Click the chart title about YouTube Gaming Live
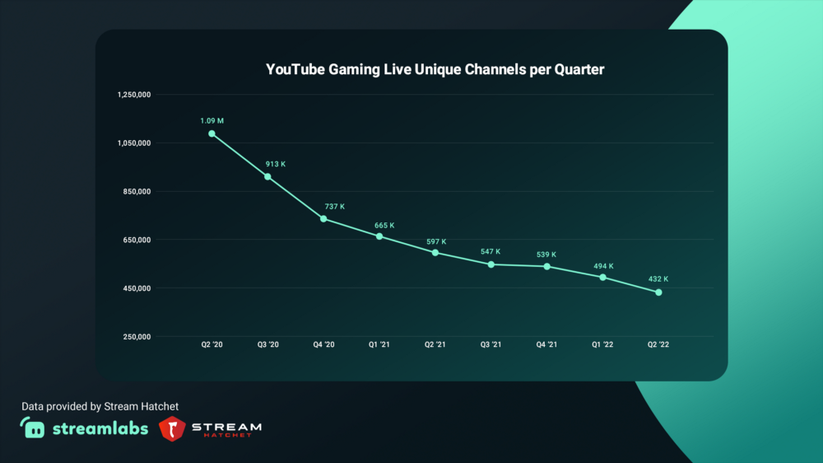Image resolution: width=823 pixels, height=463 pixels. click(435, 70)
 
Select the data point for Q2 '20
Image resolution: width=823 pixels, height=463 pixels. click(212, 133)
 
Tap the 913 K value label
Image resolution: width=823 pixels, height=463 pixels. click(275, 164)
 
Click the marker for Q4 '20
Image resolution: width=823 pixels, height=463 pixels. click(323, 218)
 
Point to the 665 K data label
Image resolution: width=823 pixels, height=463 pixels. click(384, 225)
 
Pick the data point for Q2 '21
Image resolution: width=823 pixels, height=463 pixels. click(435, 252)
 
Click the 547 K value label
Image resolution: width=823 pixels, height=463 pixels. click(490, 251)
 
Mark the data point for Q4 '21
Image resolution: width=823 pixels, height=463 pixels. click(546, 266)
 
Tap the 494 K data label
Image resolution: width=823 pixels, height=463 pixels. click(602, 266)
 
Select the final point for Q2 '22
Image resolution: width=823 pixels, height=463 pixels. click(658, 292)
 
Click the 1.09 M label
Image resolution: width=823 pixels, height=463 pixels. click(212, 121)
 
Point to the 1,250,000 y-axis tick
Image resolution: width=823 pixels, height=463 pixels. click(134, 95)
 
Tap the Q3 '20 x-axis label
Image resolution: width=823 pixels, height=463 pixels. click(268, 344)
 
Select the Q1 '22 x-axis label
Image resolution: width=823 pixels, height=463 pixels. click(602, 344)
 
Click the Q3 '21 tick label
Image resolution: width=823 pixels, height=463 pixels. click(491, 344)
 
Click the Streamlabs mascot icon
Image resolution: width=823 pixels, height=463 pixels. click(33, 428)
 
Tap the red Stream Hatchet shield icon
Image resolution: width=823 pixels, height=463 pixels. click(171, 428)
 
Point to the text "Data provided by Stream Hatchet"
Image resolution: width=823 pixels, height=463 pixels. click(100, 406)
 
